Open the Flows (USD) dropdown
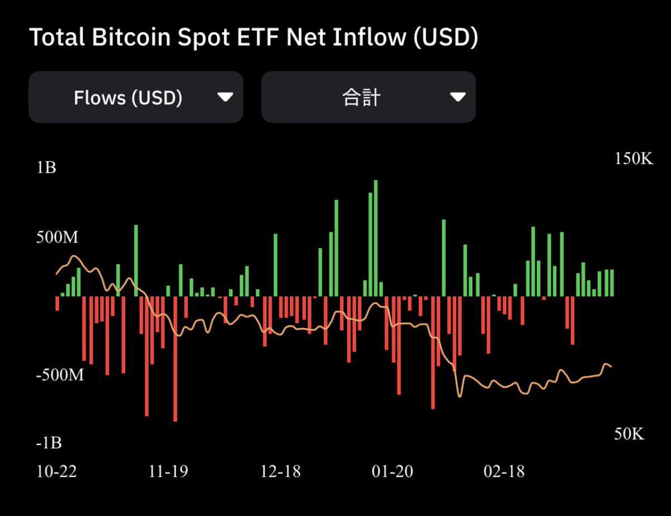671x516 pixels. tap(136, 97)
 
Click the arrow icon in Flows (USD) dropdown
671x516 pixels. tap(225, 97)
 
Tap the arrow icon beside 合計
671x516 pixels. tap(457, 97)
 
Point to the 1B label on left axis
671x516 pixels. tap(46, 168)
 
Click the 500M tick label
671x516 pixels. tap(57, 237)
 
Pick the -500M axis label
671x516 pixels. tap(59, 375)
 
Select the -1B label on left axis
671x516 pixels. tap(49, 443)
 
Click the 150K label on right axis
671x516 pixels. tap(634, 159)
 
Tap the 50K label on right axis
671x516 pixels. tap(629, 434)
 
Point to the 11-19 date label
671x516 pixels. tap(169, 471)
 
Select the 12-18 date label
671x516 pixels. tap(281, 471)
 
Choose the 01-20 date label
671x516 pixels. tap(392, 471)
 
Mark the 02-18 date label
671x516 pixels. tap(504, 471)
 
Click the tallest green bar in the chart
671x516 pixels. tap(376, 238)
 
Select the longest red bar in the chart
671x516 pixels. tap(175, 358)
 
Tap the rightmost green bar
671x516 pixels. tap(612, 283)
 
